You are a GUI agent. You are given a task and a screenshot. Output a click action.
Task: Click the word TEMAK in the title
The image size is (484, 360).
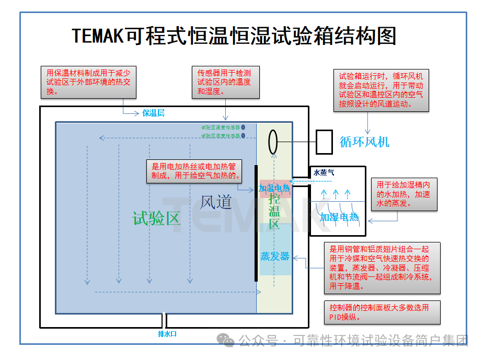(x=97, y=36)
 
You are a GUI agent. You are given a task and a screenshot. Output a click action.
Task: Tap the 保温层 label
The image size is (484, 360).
(x=153, y=113)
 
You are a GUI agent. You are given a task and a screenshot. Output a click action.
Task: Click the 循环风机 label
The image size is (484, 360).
(x=364, y=142)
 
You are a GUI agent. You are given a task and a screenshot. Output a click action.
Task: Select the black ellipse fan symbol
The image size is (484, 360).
(x=273, y=141)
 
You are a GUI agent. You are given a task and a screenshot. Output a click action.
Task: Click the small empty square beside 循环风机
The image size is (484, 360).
(x=324, y=142)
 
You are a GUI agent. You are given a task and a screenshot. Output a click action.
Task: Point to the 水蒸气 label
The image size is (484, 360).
(x=324, y=172)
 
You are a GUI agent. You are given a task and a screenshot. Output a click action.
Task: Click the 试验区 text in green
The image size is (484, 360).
(x=156, y=218)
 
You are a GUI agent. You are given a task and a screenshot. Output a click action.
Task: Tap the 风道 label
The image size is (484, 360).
(x=216, y=201)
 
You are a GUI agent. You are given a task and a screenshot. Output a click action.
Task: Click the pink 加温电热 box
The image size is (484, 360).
(x=275, y=188)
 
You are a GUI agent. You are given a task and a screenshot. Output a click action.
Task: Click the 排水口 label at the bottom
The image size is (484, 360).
(x=167, y=334)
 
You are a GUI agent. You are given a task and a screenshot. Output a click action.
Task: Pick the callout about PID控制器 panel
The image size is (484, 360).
(x=382, y=312)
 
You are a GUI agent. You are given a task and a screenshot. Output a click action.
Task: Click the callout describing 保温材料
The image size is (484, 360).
(x=89, y=82)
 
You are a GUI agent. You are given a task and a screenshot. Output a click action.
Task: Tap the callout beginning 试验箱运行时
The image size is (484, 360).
(x=381, y=90)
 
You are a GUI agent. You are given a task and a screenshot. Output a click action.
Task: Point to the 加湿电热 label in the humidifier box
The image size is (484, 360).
(x=340, y=217)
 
